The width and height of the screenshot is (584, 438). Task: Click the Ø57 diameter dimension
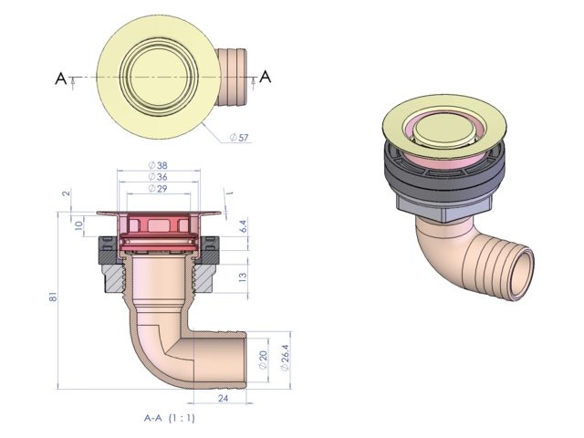coord(238,137)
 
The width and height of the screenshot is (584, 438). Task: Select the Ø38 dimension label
coord(156,166)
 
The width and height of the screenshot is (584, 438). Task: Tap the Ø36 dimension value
coord(156,177)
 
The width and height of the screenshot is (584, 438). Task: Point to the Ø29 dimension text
coord(156,188)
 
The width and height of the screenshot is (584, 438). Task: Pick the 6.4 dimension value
coord(243,224)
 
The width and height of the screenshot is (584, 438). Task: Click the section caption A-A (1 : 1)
coord(170,418)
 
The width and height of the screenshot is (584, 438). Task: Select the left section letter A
coord(61,79)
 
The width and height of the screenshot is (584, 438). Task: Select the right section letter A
coord(266,78)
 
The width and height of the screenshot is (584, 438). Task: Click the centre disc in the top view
coord(156,78)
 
